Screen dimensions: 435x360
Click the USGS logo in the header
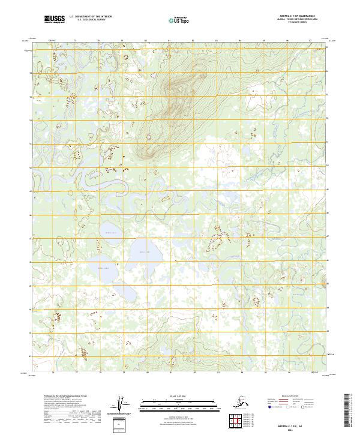tap(55, 19)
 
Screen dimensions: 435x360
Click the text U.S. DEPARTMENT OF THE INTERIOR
tap(89, 17)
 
